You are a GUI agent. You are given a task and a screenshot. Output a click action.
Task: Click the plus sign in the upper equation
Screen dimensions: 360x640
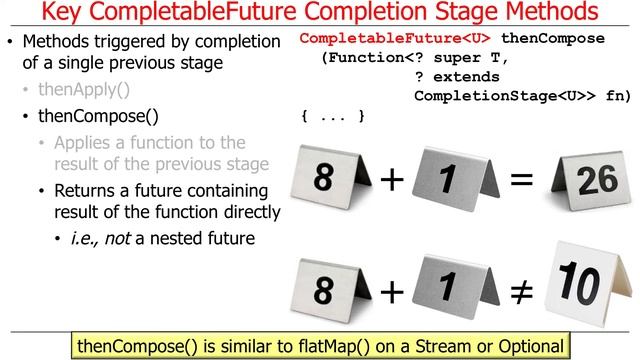393,180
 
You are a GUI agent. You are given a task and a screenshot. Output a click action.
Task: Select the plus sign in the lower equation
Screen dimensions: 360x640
391,291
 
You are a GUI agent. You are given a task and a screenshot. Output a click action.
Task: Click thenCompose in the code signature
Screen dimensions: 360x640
552,39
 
